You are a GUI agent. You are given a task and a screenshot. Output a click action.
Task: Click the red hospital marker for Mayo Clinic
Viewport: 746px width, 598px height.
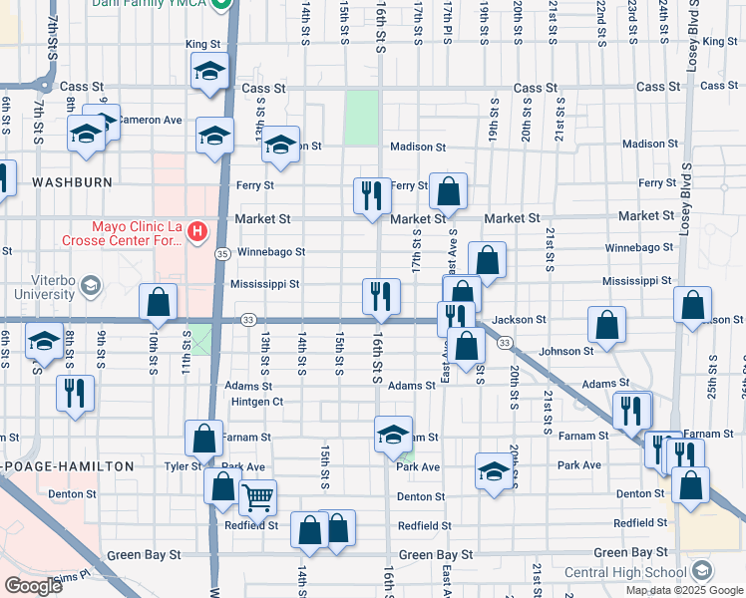[x=197, y=232]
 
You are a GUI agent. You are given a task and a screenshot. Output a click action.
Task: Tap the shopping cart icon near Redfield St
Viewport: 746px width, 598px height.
[x=257, y=496]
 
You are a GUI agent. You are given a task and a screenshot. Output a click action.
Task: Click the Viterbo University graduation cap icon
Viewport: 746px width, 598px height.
[x=91, y=288]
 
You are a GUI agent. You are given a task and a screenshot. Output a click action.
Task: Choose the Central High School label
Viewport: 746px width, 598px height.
[x=625, y=572]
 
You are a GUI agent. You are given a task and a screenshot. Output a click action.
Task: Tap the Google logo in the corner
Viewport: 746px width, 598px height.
[x=33, y=586]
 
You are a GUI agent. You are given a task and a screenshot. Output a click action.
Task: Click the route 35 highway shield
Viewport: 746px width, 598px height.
[x=222, y=255]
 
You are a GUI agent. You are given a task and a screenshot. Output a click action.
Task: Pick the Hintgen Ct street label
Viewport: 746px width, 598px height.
[x=256, y=402]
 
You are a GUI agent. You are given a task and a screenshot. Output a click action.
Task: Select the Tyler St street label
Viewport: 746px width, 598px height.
[x=183, y=466]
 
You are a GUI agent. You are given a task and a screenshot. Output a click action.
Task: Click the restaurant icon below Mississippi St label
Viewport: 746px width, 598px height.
[x=380, y=296]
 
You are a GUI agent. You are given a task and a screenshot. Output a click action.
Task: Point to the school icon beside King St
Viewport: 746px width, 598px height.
[x=210, y=72]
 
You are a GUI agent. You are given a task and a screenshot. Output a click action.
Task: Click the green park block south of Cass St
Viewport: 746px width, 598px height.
[x=362, y=118]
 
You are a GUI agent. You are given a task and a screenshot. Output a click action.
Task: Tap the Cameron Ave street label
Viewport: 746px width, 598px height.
[x=150, y=120]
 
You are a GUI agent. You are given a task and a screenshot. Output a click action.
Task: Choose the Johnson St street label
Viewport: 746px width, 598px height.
[x=565, y=351]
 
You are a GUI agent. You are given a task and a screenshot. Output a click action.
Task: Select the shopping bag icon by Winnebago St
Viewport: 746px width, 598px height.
[x=487, y=260]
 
